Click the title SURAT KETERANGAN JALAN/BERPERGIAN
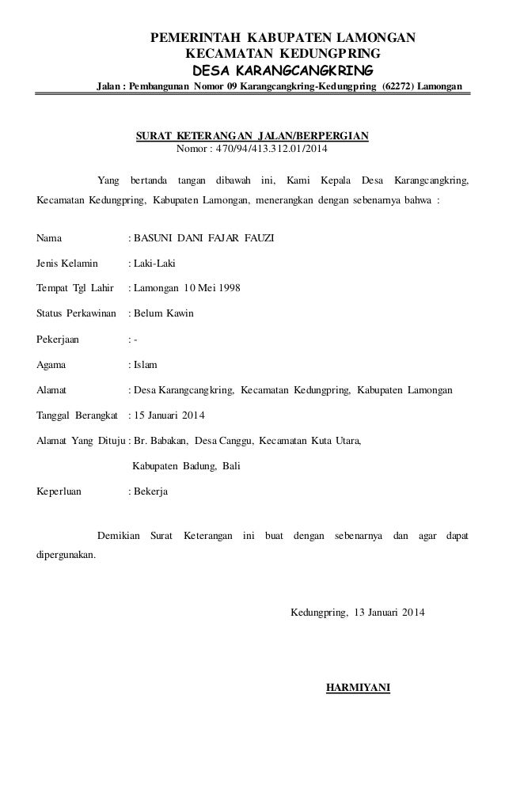click(x=252, y=135)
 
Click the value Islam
click(x=146, y=364)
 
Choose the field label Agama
click(x=52, y=364)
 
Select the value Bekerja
click(x=150, y=491)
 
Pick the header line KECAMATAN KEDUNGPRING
click(x=282, y=53)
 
